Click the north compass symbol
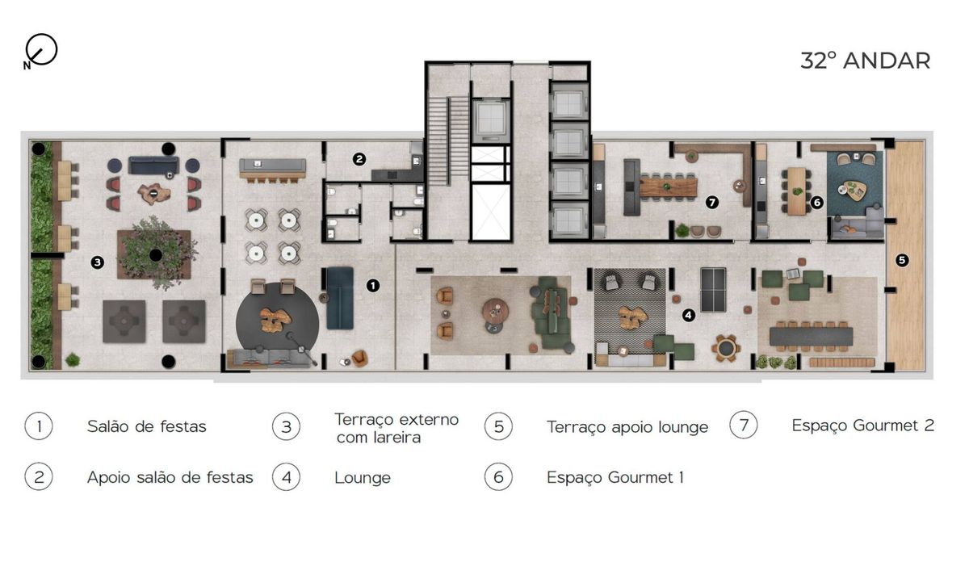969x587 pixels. (x=40, y=51)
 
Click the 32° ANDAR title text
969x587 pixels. (x=865, y=61)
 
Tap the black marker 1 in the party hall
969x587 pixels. (x=373, y=286)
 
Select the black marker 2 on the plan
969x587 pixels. (x=359, y=159)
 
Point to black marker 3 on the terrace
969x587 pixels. (x=98, y=262)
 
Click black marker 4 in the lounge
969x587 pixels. (x=689, y=315)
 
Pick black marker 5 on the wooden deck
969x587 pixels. (x=902, y=261)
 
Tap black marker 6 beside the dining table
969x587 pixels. (x=816, y=202)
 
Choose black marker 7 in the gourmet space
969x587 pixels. (x=711, y=202)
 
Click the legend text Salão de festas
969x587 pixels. (x=147, y=426)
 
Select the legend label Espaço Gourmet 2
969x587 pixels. (x=862, y=426)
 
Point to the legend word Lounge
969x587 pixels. (x=363, y=478)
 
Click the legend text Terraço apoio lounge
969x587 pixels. (x=627, y=427)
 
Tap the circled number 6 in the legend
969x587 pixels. (x=498, y=477)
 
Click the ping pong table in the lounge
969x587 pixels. (x=713, y=290)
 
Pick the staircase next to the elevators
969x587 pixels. (x=449, y=140)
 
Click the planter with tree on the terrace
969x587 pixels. (x=154, y=254)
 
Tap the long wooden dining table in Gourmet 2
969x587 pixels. (x=669, y=188)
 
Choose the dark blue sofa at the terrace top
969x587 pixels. (x=153, y=166)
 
